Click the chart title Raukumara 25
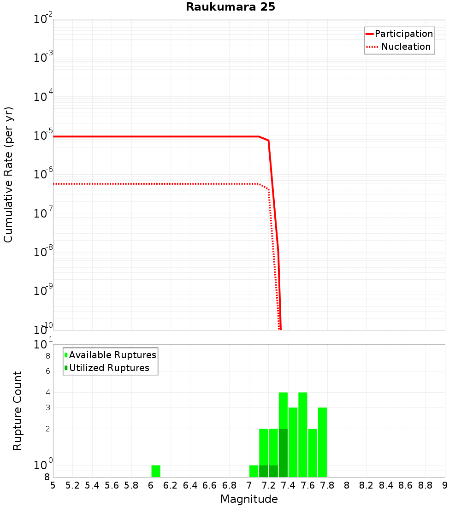click(230, 7)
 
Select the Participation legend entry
click(403, 34)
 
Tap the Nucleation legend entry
click(406, 47)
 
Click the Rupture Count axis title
click(18, 410)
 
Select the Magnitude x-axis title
click(249, 499)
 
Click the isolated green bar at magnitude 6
click(156, 471)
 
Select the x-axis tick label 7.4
click(288, 485)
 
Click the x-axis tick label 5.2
click(72, 485)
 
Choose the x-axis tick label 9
click(445, 485)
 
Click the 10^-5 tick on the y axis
click(43, 136)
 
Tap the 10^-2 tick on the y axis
click(43, 19)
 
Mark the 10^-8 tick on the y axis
click(43, 252)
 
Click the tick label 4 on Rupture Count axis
click(47, 393)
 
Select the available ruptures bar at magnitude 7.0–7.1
click(254, 471)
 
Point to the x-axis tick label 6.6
click(210, 485)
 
